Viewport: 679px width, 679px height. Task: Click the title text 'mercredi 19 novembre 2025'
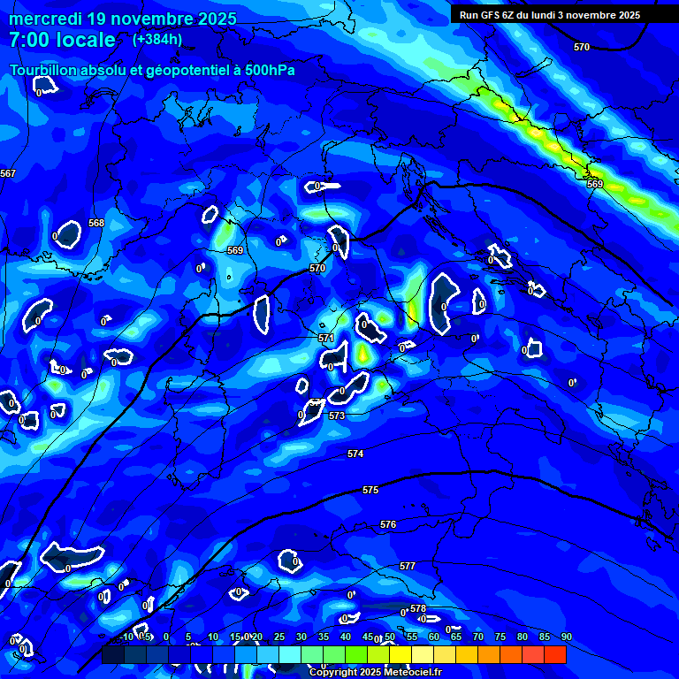(122, 19)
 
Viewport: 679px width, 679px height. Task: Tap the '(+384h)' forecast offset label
(157, 40)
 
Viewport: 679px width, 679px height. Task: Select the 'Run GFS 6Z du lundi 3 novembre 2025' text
(549, 15)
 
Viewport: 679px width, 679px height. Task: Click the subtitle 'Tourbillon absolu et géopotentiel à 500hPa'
(152, 70)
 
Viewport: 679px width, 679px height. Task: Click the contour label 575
(370, 490)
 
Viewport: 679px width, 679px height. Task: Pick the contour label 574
(355, 454)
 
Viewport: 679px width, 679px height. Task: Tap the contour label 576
(388, 524)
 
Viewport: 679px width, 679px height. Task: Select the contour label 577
(408, 566)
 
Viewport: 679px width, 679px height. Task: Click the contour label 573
(337, 416)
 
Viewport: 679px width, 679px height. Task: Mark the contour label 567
(8, 173)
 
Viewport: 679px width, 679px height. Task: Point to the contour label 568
(96, 223)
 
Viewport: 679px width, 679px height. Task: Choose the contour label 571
(325, 338)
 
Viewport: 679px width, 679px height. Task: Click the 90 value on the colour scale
(566, 637)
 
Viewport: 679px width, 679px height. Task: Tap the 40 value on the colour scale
(346, 637)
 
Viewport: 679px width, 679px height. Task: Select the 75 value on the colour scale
(500, 637)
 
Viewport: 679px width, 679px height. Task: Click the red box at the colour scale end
(555, 654)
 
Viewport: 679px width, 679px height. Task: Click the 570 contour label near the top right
(581, 47)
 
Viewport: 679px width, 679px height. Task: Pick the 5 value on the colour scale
(188, 637)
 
